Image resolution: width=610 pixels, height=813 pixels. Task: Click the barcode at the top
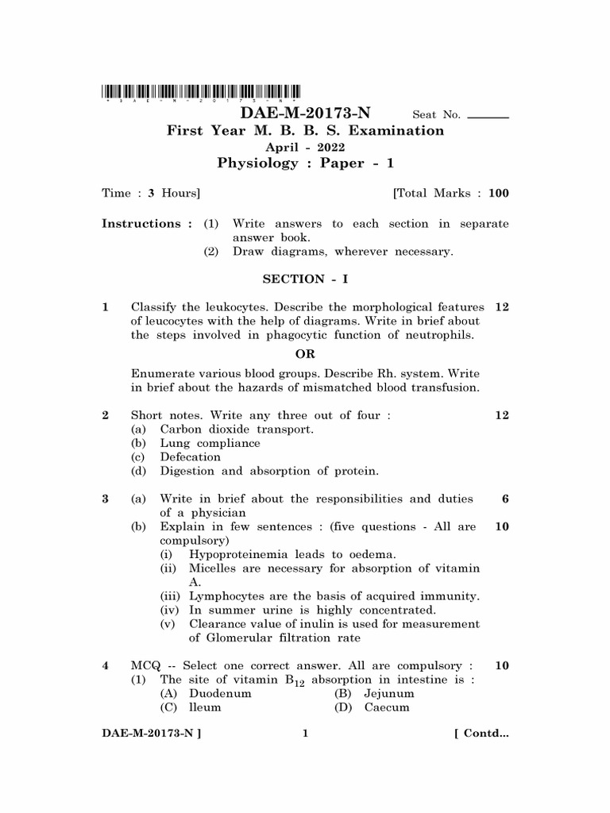click(201, 91)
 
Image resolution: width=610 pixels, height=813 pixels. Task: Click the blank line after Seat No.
click(488, 117)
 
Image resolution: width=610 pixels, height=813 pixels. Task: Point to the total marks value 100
click(499, 193)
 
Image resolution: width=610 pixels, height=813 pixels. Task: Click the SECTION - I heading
click(305, 279)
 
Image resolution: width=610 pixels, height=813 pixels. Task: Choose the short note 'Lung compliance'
click(210, 443)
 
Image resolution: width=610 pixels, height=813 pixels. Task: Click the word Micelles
click(213, 568)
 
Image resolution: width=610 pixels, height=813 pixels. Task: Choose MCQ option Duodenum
click(220, 693)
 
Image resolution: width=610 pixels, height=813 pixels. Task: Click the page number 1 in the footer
click(305, 734)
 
